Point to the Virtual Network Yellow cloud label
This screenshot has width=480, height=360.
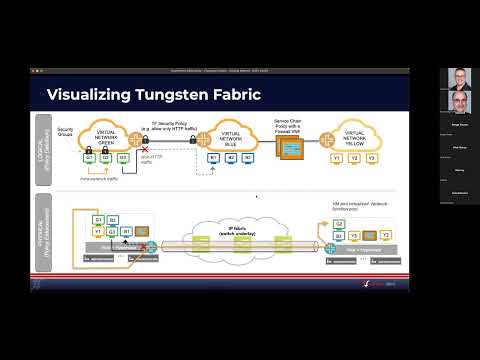pyautogui.click(x=357, y=140)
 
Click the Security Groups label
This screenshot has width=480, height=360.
pyautogui.click(x=67, y=132)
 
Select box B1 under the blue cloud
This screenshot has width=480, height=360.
pyautogui.click(x=213, y=157)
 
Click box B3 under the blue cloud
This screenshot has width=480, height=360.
pyautogui.click(x=240, y=157)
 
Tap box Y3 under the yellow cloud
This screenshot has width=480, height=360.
pyautogui.click(x=371, y=158)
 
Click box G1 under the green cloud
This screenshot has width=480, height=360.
pyautogui.click(x=89, y=157)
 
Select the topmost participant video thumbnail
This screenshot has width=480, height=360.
pyautogui.click(x=461, y=79)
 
